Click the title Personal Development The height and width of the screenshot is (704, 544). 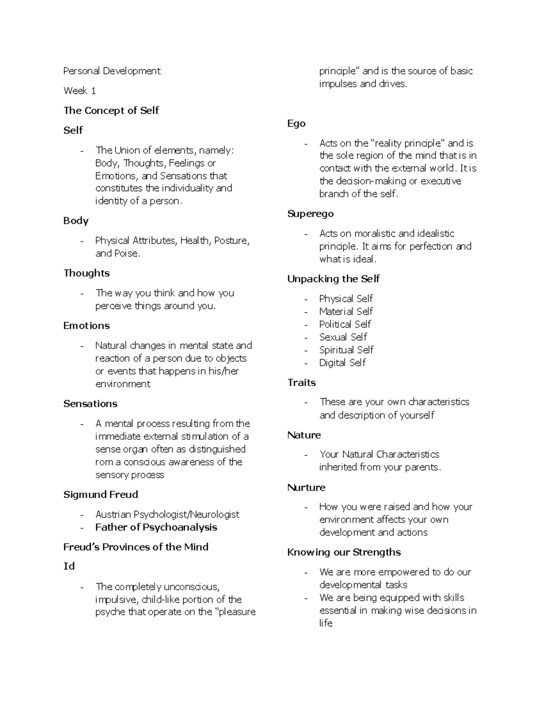pos(112,71)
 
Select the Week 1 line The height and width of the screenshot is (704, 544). pos(80,91)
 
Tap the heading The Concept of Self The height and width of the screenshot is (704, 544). pos(111,111)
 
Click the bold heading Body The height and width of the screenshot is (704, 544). pos(76,221)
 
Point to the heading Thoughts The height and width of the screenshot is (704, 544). pos(87,273)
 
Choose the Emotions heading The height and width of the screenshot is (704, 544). pos(87,326)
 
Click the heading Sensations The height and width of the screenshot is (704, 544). pos(90,404)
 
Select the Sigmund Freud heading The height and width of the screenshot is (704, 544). pos(101,495)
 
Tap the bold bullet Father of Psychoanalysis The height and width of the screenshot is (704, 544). pos(156,527)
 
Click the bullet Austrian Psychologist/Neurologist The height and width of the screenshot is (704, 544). pos(167,515)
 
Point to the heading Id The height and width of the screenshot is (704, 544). pos(69,566)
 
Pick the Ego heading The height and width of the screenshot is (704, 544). pos(296,124)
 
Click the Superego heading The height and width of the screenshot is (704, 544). pos(311,214)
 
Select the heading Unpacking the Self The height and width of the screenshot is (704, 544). pos(334,279)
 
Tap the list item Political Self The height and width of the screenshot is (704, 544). pos(345,324)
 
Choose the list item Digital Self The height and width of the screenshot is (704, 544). pos(342,363)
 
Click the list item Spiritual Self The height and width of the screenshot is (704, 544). pos(346,350)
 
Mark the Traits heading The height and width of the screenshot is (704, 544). pos(301,383)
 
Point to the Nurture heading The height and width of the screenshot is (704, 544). pos(306,488)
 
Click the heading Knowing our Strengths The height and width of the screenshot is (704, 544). pos(344,552)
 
